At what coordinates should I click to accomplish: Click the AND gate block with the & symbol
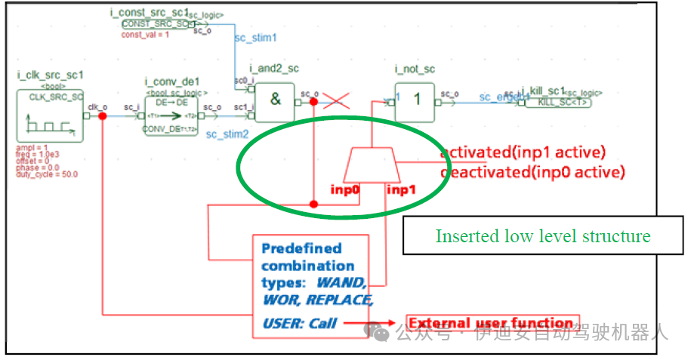tap(275, 101)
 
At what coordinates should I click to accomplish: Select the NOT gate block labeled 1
tap(415, 101)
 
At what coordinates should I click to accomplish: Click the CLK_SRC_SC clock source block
tap(50, 115)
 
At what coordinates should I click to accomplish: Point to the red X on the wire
tap(335, 100)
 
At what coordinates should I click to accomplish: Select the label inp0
tap(344, 189)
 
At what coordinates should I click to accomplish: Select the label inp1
tap(402, 189)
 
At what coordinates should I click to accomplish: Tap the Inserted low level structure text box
tap(542, 236)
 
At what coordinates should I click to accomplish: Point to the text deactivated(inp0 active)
tap(532, 172)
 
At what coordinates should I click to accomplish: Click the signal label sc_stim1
tap(256, 36)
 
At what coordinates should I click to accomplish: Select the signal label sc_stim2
tap(227, 134)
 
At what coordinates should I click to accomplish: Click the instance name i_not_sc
tap(415, 69)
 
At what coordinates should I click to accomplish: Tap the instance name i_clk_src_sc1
tap(50, 75)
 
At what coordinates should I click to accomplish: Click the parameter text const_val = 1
tap(145, 35)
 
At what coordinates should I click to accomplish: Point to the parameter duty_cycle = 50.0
tap(46, 174)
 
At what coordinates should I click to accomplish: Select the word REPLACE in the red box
tap(344, 300)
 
